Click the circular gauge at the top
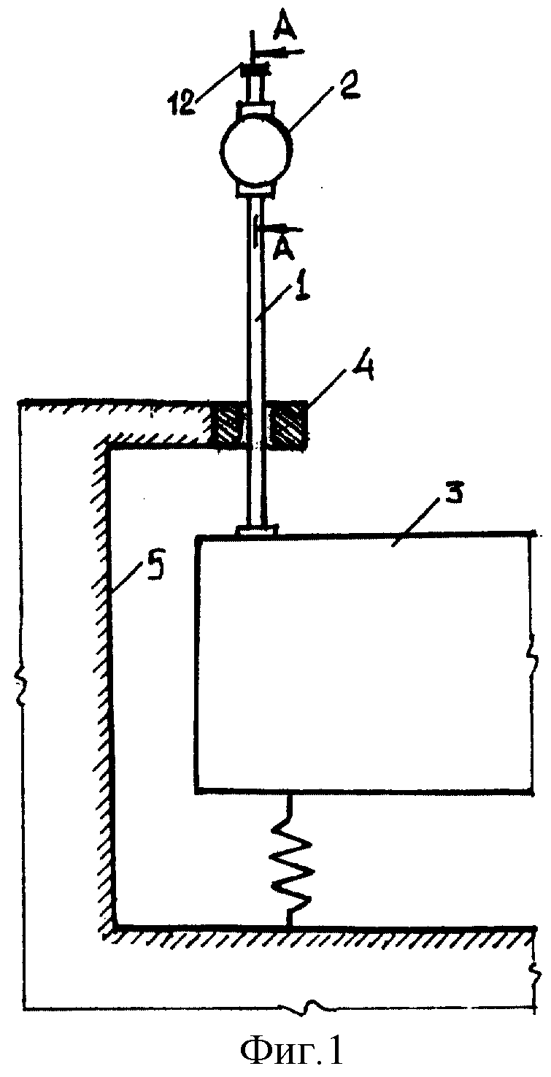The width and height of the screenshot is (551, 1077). pos(255,150)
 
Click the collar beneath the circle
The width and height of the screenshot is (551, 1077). pos(255,191)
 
